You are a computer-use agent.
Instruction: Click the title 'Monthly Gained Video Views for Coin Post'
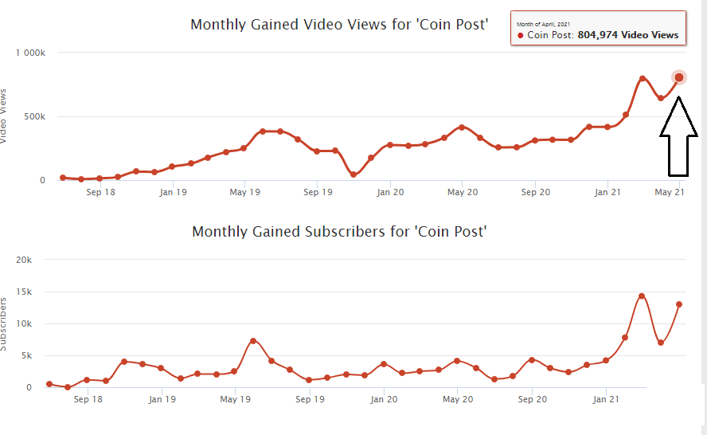(338, 24)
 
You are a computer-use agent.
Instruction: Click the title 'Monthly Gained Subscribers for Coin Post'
(339, 232)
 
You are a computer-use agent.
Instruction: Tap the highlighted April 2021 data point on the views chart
(678, 77)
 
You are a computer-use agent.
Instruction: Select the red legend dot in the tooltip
(521, 36)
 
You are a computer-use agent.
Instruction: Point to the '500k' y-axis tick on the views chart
(35, 116)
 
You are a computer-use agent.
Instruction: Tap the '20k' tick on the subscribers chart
(24, 261)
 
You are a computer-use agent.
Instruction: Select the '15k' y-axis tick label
(24, 292)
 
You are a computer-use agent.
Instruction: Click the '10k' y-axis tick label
(24, 324)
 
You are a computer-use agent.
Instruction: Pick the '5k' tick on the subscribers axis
(26, 356)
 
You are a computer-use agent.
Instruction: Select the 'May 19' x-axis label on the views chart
(244, 192)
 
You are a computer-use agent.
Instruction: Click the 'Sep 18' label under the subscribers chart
(87, 399)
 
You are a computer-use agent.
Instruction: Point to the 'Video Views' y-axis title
(4, 116)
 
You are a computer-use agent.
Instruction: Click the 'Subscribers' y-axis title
(4, 323)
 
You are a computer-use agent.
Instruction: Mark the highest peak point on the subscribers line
(642, 296)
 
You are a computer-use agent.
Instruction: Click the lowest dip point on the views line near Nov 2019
(353, 174)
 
